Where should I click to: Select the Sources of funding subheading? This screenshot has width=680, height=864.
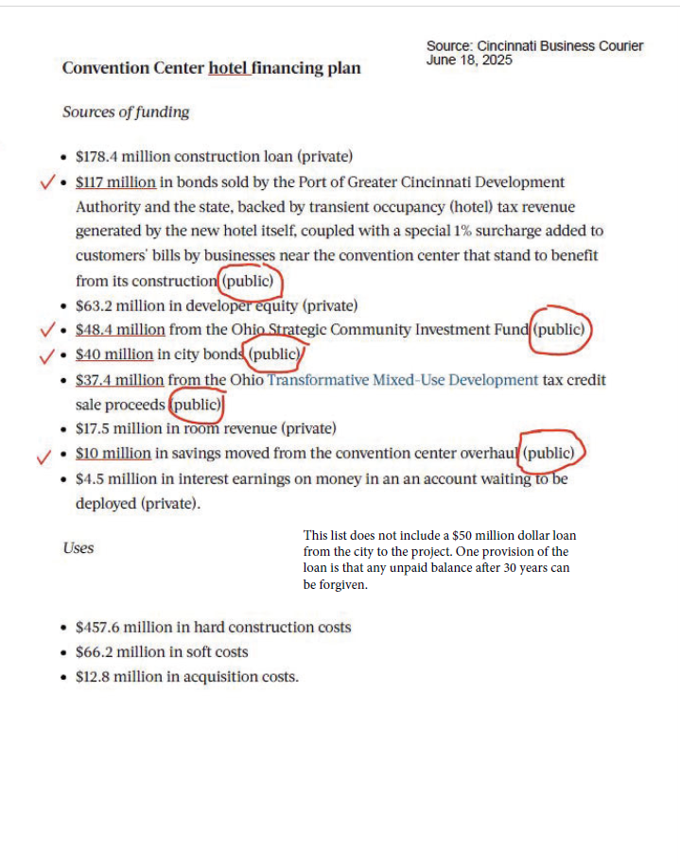pos(126,112)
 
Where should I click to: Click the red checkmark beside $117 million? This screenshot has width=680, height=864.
pos(46,181)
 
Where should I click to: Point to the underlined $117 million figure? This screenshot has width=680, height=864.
pos(115,181)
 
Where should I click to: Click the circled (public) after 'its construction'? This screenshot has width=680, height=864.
pos(250,281)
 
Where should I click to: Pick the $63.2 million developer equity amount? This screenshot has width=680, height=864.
pos(111,305)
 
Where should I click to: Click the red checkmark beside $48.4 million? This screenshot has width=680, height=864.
pos(46,330)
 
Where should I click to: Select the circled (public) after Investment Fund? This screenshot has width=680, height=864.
pos(560,330)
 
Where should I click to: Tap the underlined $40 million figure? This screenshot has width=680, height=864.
pos(114,354)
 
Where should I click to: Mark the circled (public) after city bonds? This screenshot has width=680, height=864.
pos(274,354)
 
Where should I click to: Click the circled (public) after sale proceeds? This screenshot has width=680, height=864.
pos(196,405)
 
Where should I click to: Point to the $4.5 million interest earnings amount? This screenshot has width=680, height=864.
pos(107,478)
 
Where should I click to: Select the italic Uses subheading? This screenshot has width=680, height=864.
pos(78,547)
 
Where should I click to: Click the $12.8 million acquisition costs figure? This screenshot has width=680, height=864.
pos(111,676)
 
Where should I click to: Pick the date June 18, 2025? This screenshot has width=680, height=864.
pos(469,60)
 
